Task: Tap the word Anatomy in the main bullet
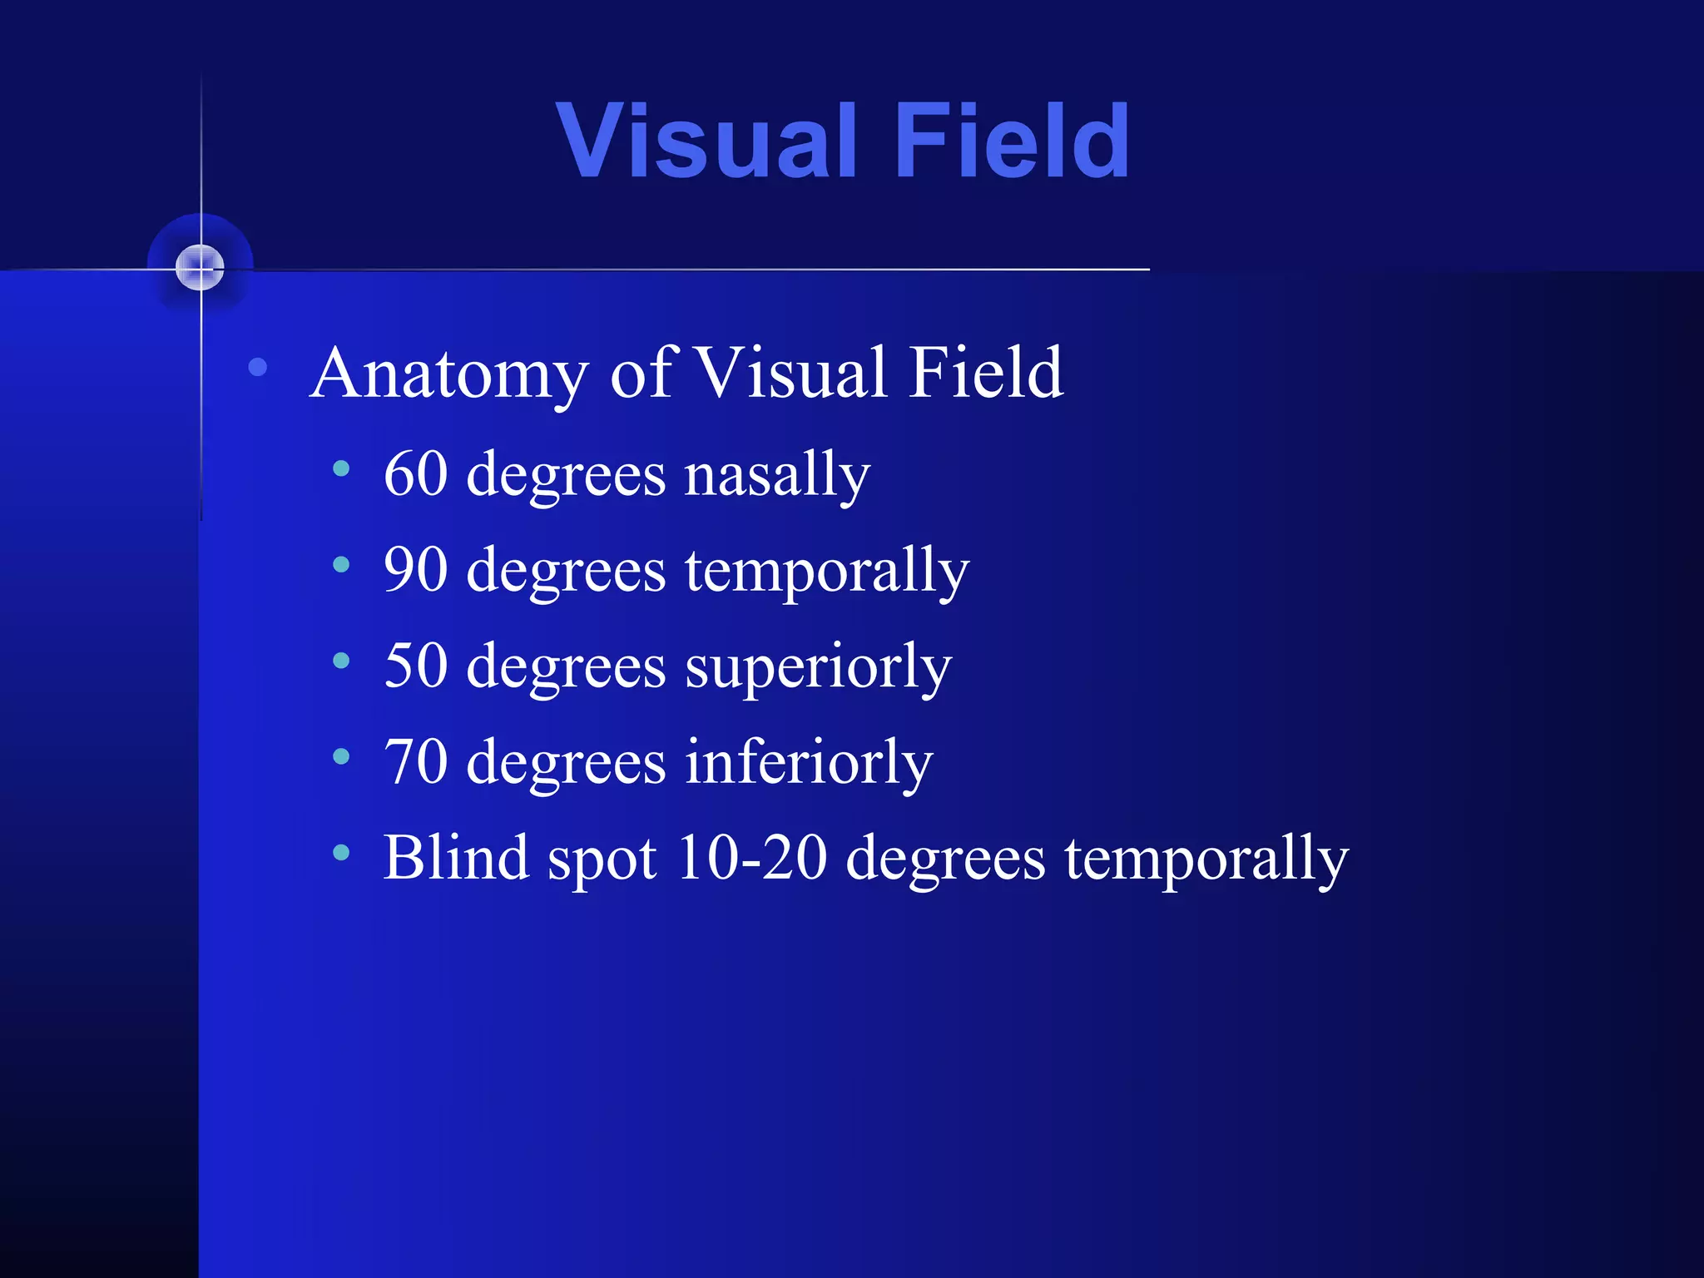(x=449, y=374)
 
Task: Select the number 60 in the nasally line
(x=416, y=474)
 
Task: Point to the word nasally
(x=777, y=476)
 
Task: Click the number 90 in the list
(x=416, y=570)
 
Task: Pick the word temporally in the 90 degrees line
(x=827, y=572)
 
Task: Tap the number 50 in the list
(x=416, y=666)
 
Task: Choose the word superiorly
(x=818, y=668)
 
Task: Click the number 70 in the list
(x=416, y=761)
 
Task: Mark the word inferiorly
(x=809, y=763)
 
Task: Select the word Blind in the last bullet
(x=456, y=857)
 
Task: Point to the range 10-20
(x=752, y=858)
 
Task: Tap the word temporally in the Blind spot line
(x=1206, y=859)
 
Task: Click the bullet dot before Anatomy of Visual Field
(x=258, y=366)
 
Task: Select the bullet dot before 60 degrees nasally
(x=341, y=469)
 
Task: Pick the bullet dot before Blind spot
(x=341, y=852)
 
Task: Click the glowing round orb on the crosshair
(x=201, y=268)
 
